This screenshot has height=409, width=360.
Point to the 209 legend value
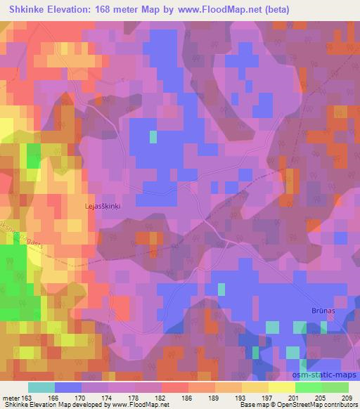347,397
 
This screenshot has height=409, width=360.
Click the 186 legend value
187,397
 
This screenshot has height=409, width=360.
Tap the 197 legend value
267,397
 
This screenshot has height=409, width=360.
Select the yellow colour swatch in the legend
281,387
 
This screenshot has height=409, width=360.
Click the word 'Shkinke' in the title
25,10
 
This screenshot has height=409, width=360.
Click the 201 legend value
294,397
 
